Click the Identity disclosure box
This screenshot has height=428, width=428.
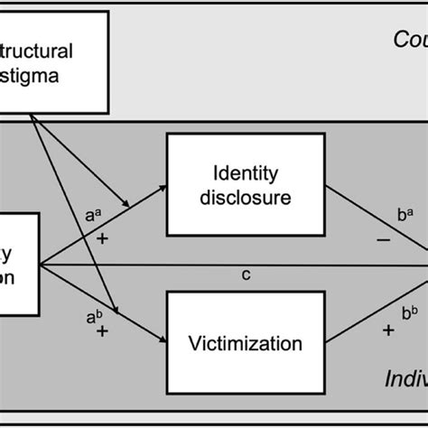pyautogui.click(x=246, y=181)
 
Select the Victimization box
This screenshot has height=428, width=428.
pyautogui.click(x=246, y=342)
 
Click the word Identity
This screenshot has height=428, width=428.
pyautogui.click(x=246, y=169)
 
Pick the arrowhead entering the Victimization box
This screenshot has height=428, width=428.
pyautogui.click(x=163, y=340)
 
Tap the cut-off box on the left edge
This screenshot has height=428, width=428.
pyautogui.click(x=18, y=262)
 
